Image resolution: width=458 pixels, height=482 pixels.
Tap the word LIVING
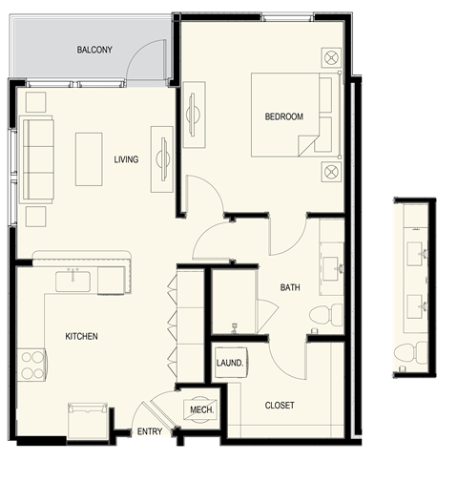pyautogui.click(x=126, y=159)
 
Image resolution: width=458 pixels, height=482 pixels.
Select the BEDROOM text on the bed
pyautogui.click(x=284, y=117)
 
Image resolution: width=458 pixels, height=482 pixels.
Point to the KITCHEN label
pyautogui.click(x=81, y=337)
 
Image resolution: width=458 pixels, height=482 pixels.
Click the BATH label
pyautogui.click(x=290, y=287)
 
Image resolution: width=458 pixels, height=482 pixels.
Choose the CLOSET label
pyautogui.click(x=280, y=406)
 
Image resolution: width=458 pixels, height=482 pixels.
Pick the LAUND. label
pyautogui.click(x=230, y=364)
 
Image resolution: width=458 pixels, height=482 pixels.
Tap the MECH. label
pyautogui.click(x=201, y=409)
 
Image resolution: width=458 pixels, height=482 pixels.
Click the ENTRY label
pyautogui.click(x=150, y=431)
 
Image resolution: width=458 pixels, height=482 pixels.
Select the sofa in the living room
pyautogui.click(x=37, y=158)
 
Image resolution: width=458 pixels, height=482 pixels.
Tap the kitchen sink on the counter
pyautogui.click(x=73, y=280)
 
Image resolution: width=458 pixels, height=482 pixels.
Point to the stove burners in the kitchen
pyautogui.click(x=31, y=365)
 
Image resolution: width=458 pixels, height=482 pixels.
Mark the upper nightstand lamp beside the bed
pyautogui.click(x=331, y=59)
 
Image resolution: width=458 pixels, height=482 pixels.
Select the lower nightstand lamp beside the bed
pyautogui.click(x=331, y=172)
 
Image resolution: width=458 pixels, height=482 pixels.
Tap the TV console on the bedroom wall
pyautogui.click(x=194, y=114)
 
